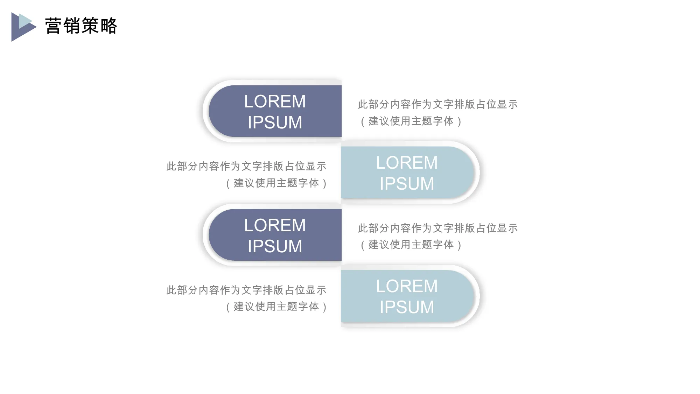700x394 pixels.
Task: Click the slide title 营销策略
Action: [81, 26]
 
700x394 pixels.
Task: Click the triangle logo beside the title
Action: [23, 27]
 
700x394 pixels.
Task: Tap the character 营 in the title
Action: [54, 26]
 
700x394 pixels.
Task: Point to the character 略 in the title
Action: [108, 26]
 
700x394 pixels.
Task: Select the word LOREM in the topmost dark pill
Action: [275, 101]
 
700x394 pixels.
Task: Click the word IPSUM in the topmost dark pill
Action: [275, 122]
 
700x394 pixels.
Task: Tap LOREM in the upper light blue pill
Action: [407, 163]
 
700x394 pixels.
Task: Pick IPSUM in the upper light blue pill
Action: [407, 184]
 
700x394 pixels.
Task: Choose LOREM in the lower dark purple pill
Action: [275, 225]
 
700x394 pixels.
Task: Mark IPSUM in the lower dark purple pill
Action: [275, 246]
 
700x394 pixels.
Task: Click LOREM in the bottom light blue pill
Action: [407, 286]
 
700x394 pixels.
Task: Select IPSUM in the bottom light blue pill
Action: [407, 307]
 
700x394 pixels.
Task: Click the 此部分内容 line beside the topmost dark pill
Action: [437, 104]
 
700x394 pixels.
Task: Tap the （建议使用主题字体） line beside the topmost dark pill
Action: [411, 121]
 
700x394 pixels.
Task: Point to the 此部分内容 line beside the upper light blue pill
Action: [246, 166]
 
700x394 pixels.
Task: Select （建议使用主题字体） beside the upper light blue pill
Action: [276, 183]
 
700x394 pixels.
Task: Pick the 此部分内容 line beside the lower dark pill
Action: [437, 228]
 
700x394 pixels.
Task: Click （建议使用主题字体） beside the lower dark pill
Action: [411, 245]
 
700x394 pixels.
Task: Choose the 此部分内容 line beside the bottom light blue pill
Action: [246, 290]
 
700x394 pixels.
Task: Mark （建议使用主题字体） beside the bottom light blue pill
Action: [276, 307]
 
